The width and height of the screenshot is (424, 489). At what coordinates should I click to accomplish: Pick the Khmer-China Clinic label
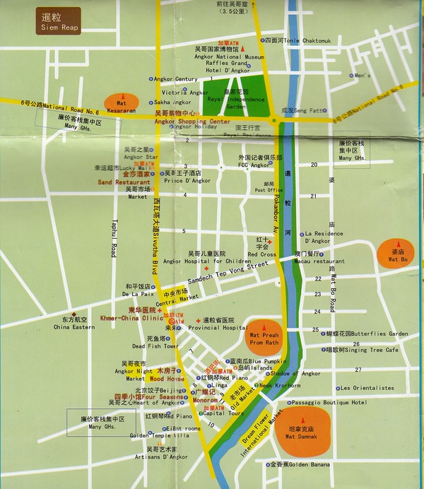tap(129, 317)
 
